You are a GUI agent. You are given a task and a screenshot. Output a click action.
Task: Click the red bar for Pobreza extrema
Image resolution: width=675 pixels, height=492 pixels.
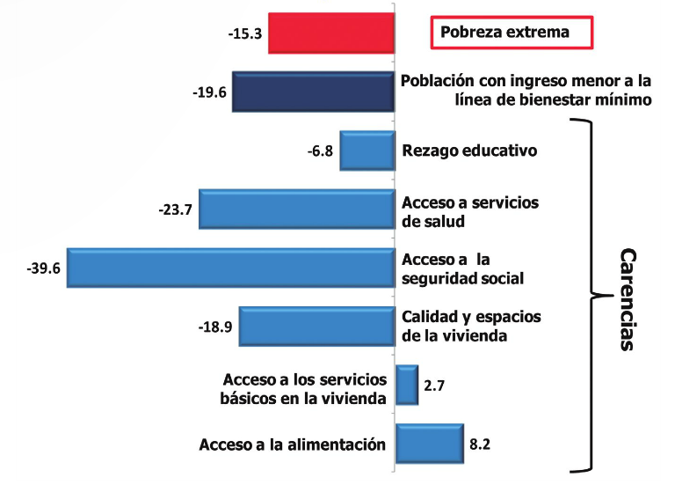pos(330,33)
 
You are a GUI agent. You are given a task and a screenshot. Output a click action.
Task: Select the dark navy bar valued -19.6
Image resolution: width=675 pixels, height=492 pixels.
pos(312,91)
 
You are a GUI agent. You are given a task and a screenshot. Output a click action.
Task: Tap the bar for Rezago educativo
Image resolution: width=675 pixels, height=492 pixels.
pos(367,150)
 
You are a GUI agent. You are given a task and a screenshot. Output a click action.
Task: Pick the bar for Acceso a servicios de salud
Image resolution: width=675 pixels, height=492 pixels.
pos(296,209)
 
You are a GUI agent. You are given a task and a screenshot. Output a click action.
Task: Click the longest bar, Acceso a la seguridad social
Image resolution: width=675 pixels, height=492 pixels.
pos(229,268)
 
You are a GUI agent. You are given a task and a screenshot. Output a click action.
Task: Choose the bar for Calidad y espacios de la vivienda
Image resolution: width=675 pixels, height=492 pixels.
pos(316,327)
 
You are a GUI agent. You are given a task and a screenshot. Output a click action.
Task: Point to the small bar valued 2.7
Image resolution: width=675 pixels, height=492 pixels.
pos(407,386)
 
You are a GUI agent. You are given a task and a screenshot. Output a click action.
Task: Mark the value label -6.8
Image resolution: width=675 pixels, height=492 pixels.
pos(318,151)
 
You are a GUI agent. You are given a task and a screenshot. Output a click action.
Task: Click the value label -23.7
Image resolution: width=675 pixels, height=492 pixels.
pos(174,210)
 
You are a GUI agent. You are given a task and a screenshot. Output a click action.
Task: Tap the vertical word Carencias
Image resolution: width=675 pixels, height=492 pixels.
pos(626,299)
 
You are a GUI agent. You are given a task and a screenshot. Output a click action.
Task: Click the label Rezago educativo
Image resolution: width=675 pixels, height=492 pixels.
pos(468,151)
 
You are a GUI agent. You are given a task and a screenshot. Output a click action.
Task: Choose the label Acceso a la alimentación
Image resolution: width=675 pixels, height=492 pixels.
pos(293,444)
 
